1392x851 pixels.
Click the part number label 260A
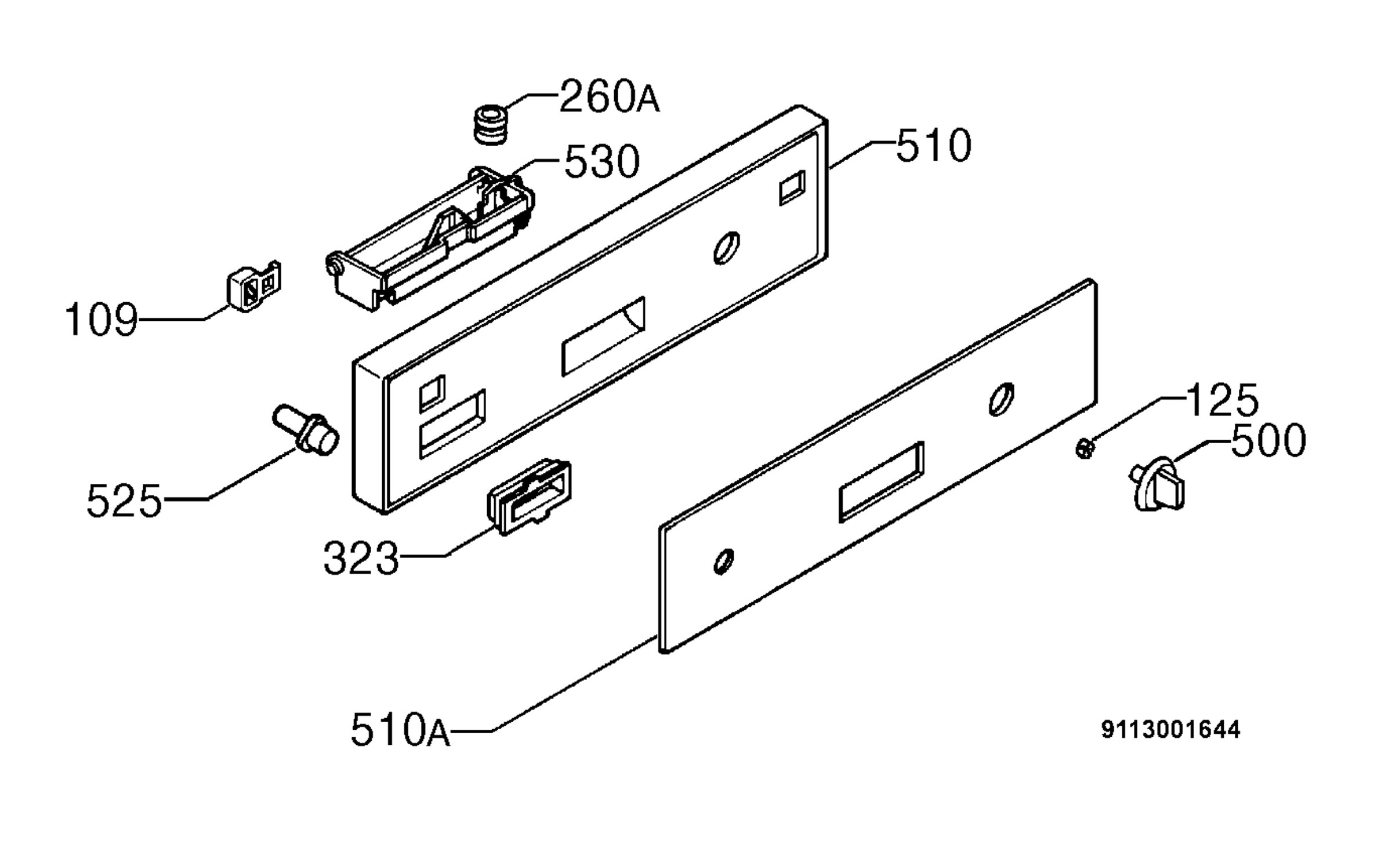[x=609, y=96]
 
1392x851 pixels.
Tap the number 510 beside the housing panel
[x=933, y=145]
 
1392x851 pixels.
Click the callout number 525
[x=124, y=501]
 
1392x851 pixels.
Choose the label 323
[x=361, y=558]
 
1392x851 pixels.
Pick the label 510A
[x=400, y=729]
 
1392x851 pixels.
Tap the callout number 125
[x=1223, y=400]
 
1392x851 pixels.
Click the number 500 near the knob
[x=1268, y=441]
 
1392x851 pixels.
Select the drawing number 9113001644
[x=1170, y=729]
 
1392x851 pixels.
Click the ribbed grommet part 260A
[x=489, y=124]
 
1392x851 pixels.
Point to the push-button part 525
[x=306, y=430]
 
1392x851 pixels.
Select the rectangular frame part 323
[x=528, y=497]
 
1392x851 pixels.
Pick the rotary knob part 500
[x=1157, y=484]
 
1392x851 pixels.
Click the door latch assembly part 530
[x=430, y=238]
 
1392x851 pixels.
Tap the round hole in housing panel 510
[x=726, y=248]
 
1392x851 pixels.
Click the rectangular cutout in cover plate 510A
[x=882, y=481]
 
